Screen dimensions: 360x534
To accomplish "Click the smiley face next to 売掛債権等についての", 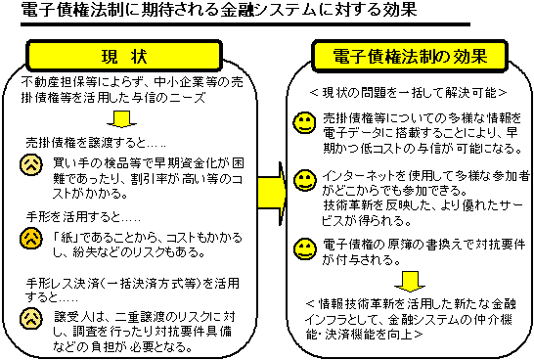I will (x=304, y=123).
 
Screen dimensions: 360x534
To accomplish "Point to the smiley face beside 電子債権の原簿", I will (x=304, y=247).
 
